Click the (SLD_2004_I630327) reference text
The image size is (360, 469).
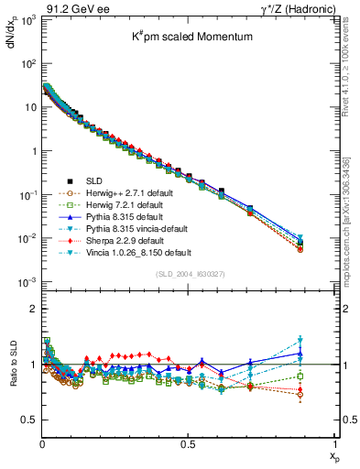pos(189,272)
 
